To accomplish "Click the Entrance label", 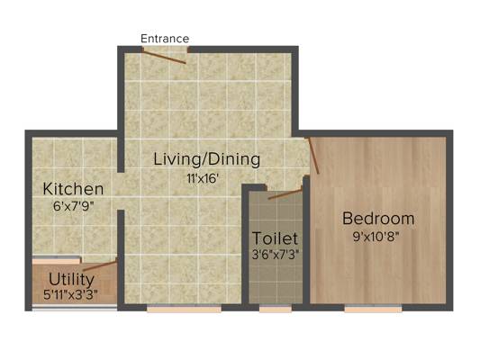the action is click(165, 39).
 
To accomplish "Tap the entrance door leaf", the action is click(164, 58).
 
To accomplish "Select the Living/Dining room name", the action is click(206, 159).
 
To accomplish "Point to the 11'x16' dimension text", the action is click(203, 178).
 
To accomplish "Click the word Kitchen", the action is click(73, 189).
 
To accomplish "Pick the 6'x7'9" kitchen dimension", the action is click(73, 206).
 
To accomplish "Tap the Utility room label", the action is click(71, 279).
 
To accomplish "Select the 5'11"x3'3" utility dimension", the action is click(71, 295).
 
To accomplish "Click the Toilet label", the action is click(275, 238).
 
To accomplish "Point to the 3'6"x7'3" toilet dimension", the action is click(276, 255).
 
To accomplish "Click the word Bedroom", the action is click(378, 219).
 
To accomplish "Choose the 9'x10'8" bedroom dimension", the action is click(376, 237).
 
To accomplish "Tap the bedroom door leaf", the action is click(313, 156).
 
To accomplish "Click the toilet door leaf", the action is click(285, 194).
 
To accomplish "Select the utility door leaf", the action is click(100, 265).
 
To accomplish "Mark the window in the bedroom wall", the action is click(373, 309).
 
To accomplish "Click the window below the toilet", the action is click(276, 309).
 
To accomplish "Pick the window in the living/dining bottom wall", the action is click(184, 309).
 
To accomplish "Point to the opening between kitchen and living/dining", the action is click(121, 191).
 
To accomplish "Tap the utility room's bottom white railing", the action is click(75, 308).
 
